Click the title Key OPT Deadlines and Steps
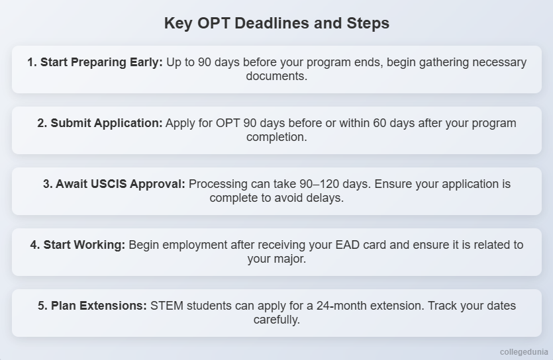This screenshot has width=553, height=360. (x=276, y=23)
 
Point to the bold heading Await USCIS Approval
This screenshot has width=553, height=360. (x=114, y=184)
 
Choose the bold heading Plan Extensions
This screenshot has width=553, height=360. (x=92, y=306)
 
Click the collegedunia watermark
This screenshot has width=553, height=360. (x=523, y=352)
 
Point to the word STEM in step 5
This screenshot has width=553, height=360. (x=166, y=306)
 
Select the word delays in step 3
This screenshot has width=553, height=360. (x=325, y=198)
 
